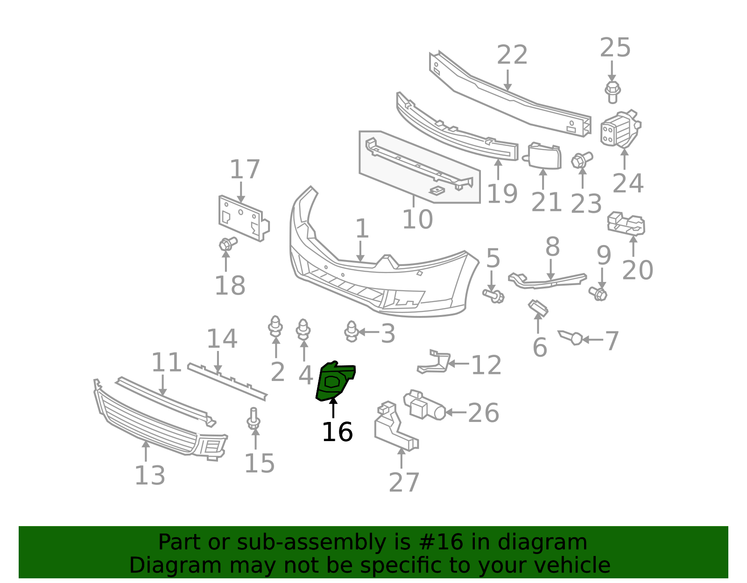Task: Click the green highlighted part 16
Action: point(333,382)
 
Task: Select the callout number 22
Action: point(512,55)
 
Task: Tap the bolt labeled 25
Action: point(612,92)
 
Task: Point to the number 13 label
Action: point(150,476)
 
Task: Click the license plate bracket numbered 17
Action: point(244,218)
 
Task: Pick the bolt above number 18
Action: point(228,244)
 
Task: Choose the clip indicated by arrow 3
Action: point(352,331)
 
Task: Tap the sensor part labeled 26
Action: point(424,405)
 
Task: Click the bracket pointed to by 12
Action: point(434,362)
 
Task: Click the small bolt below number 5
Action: point(493,296)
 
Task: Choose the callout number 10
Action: point(417,219)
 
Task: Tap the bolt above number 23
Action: point(582,160)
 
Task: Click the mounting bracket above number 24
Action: point(620,129)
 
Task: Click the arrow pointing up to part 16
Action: point(333,407)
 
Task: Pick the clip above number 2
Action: point(275,326)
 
